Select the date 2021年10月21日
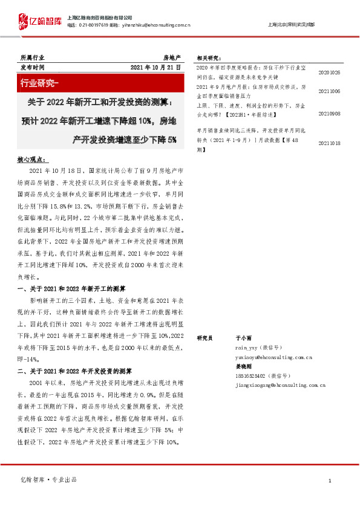coord(155,67)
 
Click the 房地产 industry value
coord(172,56)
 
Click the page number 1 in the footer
coord(329,481)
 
